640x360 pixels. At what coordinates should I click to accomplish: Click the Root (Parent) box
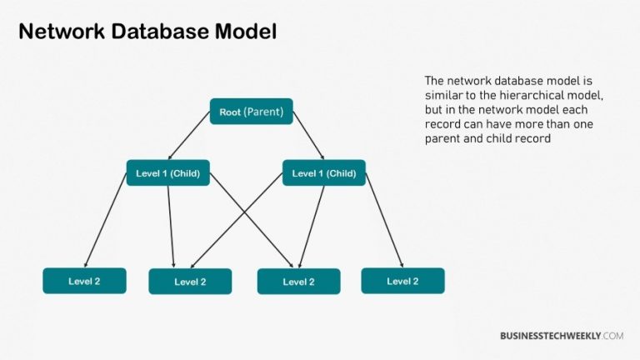251,112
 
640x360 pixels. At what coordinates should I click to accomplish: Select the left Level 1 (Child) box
167,173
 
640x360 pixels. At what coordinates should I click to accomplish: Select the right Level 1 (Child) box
324,173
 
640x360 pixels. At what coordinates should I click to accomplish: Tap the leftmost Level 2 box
84,281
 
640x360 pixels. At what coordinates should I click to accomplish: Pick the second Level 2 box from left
190,282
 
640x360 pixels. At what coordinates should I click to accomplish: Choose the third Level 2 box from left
298,282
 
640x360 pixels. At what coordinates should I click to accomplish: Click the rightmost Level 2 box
402,281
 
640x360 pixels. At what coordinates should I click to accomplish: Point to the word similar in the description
442,96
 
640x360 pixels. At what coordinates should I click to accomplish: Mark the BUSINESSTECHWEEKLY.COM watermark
561,336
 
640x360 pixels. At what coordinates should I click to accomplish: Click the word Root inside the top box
229,112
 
